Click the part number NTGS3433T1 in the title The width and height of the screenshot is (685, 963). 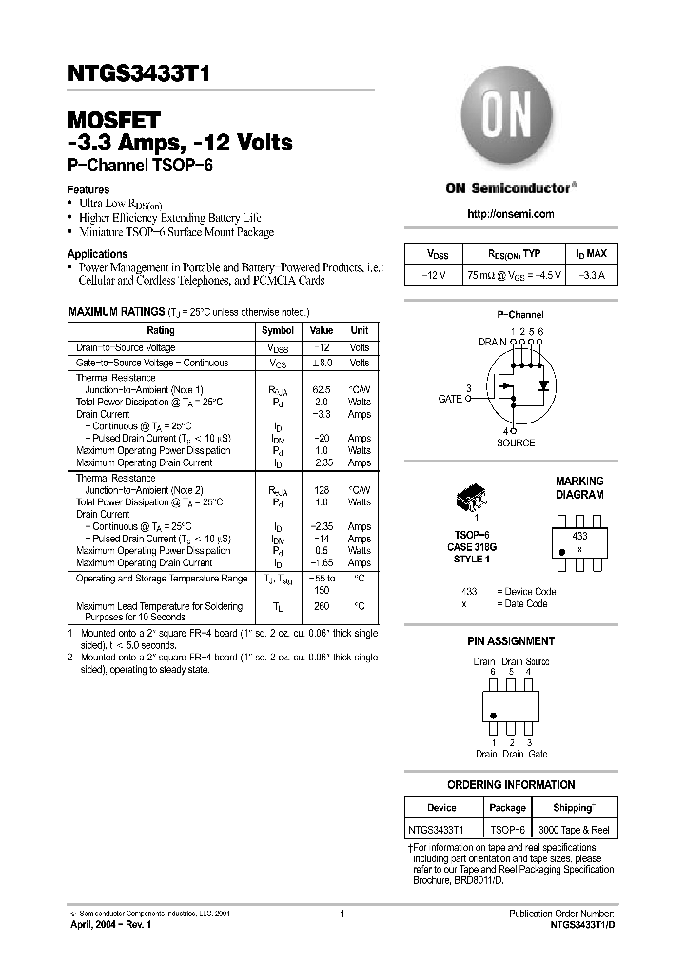pos(138,74)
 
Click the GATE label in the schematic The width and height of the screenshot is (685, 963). pos(449,399)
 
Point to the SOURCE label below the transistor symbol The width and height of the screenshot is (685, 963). pos(516,442)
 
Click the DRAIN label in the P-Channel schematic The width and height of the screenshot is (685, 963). pos(492,341)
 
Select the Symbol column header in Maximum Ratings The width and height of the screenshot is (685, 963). pos(278,330)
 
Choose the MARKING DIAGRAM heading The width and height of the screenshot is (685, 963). pos(579,488)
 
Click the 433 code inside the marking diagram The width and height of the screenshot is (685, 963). pos(579,537)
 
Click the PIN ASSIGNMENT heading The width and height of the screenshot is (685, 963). pos(511,641)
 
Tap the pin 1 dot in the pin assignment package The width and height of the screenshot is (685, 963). pos(493,716)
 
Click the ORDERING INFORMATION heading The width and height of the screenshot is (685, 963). pos(511,785)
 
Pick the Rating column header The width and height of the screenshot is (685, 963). pos(161,330)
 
